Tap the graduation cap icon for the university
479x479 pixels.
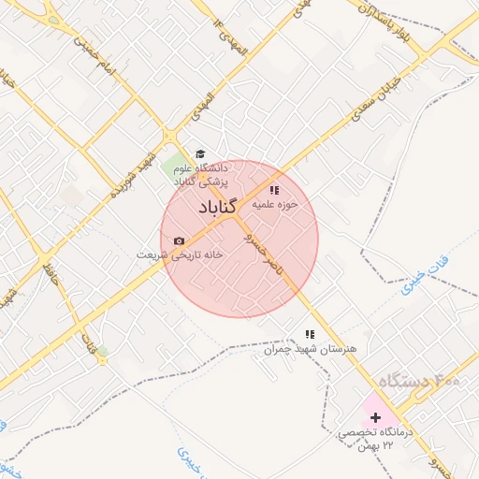(x=199, y=154)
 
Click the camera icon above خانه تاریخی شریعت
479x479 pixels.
(x=179, y=241)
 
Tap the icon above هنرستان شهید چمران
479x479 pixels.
(x=309, y=334)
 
